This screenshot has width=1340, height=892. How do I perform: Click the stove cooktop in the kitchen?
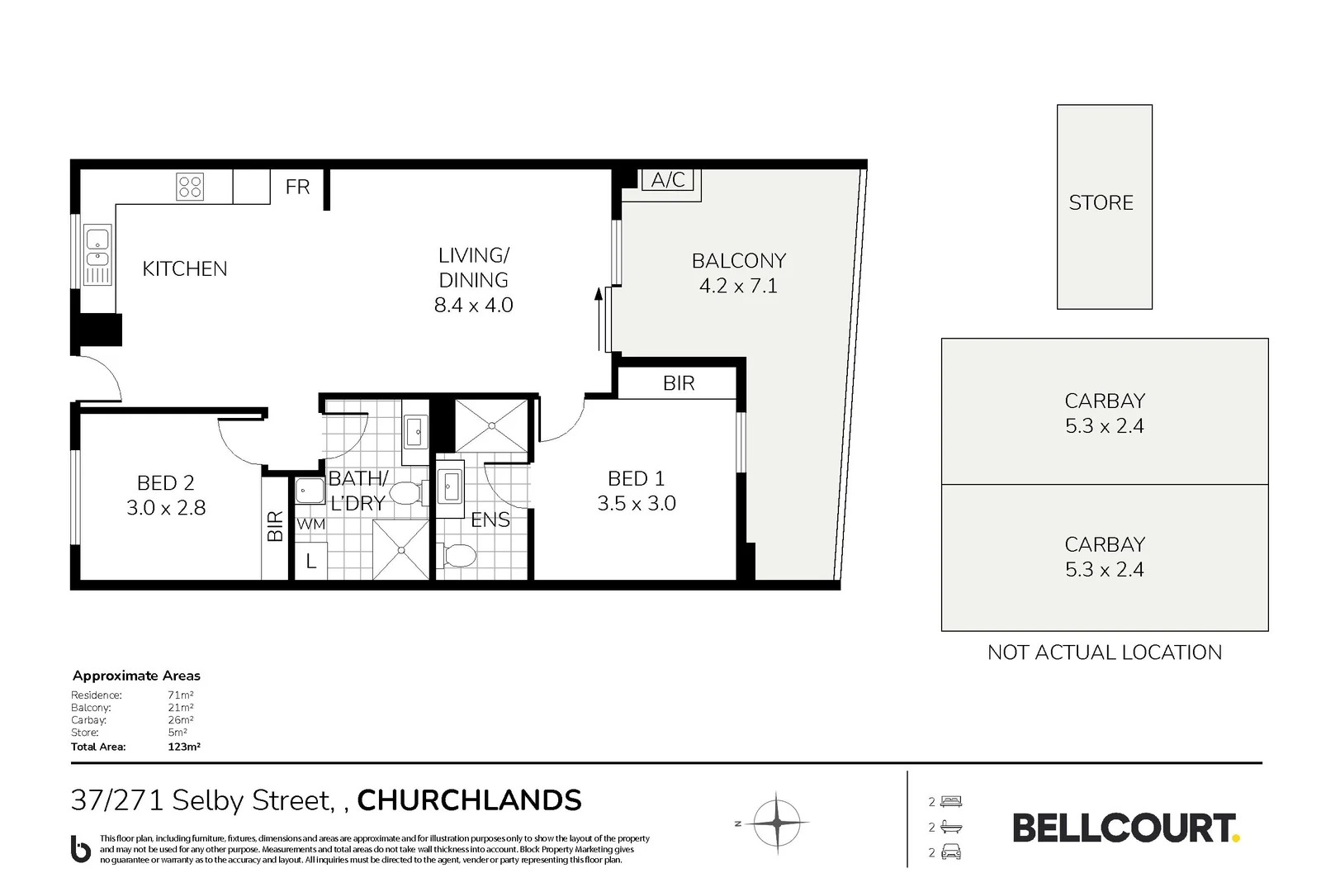[x=190, y=187]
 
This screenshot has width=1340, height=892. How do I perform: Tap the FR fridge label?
[x=297, y=187]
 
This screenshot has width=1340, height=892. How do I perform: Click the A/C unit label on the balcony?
[x=668, y=180]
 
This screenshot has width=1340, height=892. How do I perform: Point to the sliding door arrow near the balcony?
[x=599, y=319]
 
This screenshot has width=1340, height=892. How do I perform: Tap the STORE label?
[x=1101, y=203]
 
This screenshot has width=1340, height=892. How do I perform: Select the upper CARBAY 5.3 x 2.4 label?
[x=1104, y=413]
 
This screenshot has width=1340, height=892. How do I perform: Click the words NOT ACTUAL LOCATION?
[x=1104, y=652]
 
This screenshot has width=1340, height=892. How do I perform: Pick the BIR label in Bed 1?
[x=679, y=383]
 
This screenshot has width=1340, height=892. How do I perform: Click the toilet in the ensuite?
[x=458, y=556]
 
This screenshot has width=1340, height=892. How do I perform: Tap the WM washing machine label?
[x=310, y=524]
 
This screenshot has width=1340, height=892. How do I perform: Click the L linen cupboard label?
[x=310, y=562]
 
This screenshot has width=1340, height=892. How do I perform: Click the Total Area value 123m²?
[x=184, y=747]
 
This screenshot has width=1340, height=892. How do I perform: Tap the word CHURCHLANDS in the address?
[x=469, y=800]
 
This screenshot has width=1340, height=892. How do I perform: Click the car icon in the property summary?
[x=951, y=852]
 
